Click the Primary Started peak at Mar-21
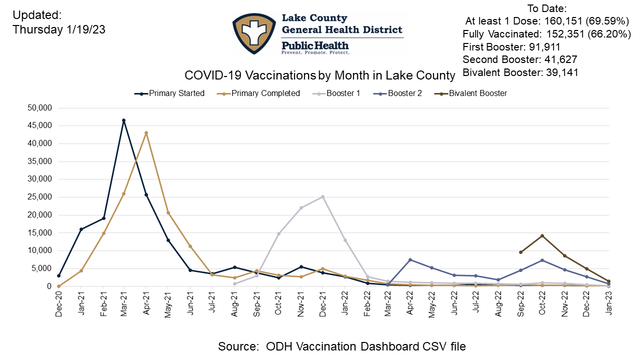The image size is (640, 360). pos(123,120)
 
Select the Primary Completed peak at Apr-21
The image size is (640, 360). pos(146,133)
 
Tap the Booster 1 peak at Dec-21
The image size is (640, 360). pos(322,196)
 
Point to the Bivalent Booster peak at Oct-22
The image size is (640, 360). pos(542,235)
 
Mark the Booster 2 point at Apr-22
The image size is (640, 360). pos(410,259)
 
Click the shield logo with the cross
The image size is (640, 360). pos(254,33)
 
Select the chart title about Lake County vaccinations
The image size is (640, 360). pos(320,75)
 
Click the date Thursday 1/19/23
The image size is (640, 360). pos(59,29)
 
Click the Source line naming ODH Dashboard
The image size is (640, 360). pos(341,346)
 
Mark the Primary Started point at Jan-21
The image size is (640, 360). pos(81,229)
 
